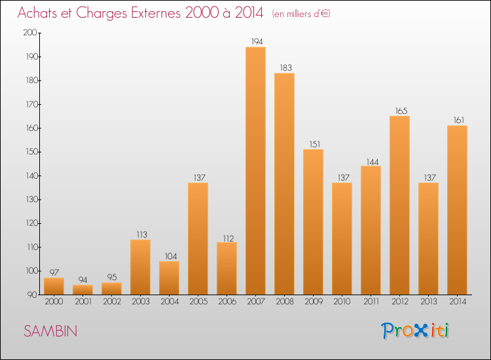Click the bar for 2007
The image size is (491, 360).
click(255, 171)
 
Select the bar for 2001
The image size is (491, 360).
click(82, 289)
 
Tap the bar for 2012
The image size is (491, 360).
click(399, 206)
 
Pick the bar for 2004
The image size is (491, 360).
click(169, 278)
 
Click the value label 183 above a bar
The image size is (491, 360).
click(285, 67)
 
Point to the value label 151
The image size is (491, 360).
click(315, 144)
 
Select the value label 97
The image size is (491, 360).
click(54, 272)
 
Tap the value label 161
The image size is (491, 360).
click(459, 120)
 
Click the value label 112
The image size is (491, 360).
click(228, 238)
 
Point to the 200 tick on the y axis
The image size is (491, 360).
click(30, 33)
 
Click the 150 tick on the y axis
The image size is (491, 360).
click(31, 152)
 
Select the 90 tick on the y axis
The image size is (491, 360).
click(32, 295)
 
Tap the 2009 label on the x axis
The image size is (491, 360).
click(314, 302)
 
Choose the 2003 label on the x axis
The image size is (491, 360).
click(141, 302)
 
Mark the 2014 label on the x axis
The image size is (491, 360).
click(458, 302)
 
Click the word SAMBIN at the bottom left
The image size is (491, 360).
click(50, 331)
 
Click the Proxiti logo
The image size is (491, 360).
click(415, 331)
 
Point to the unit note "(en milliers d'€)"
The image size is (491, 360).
click(301, 14)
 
